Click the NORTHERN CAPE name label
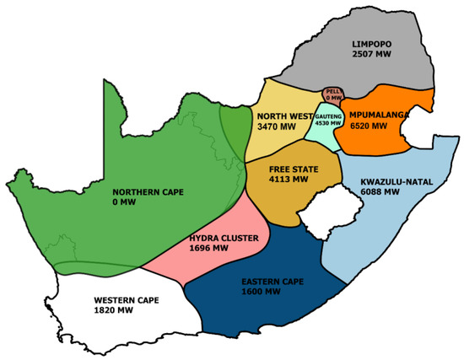(148, 191)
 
